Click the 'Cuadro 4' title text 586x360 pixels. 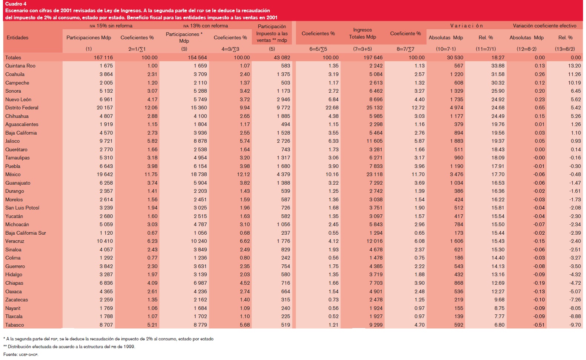(16, 4)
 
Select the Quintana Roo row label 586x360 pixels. (20, 66)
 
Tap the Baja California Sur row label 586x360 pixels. (26, 233)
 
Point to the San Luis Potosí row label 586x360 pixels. (22, 208)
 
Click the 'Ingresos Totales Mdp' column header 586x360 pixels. (362, 33)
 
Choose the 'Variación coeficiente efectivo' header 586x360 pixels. (544, 26)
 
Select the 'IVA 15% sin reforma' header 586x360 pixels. (111, 26)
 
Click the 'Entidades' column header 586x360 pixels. (17, 38)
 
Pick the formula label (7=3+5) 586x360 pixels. (362, 49)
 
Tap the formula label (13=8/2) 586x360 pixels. (565, 49)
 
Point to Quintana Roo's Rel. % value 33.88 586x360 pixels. (498, 66)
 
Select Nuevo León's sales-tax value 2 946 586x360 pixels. (283, 100)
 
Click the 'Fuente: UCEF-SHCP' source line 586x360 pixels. (21, 354)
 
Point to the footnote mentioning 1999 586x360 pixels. (69, 347)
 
